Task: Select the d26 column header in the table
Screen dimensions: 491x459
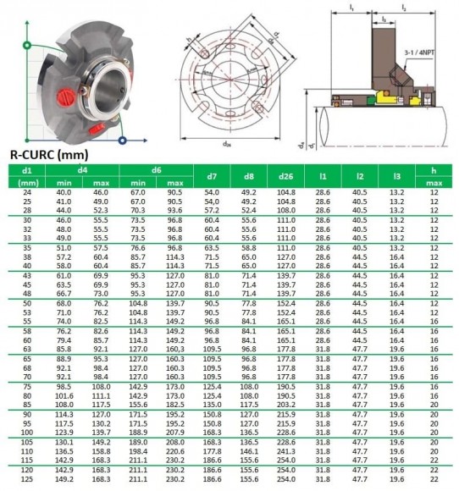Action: (x=285, y=177)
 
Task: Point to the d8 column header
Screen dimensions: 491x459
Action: (x=248, y=177)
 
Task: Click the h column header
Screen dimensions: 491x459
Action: (x=434, y=171)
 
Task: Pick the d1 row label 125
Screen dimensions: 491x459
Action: (x=25, y=479)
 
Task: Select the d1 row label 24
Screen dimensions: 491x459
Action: (x=25, y=193)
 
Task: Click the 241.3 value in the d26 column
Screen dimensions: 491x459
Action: (x=285, y=453)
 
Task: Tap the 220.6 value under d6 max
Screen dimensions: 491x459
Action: (x=175, y=453)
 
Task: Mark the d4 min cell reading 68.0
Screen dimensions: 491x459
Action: (x=64, y=302)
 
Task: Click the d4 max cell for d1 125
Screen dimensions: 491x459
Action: (x=101, y=479)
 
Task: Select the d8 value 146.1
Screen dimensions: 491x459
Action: (x=248, y=453)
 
